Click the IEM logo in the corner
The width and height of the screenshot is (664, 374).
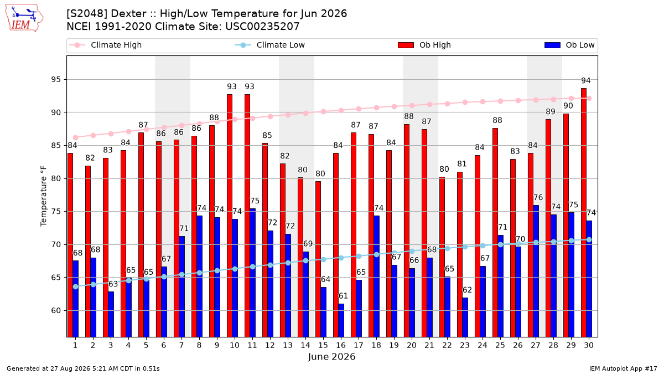pos(24,18)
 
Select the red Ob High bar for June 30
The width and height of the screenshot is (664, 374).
pos(584,213)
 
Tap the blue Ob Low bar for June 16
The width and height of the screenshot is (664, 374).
pos(341,320)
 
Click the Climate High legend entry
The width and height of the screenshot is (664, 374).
pos(106,45)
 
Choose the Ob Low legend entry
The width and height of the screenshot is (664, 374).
pos(569,45)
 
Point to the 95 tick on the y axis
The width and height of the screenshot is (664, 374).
pos(55,80)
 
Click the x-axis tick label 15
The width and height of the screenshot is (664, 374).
pos(323,345)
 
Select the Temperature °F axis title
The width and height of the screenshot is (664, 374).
pos(44,196)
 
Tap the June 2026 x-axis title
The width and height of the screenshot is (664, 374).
pos(331,356)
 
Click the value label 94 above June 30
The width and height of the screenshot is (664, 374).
pos(586,80)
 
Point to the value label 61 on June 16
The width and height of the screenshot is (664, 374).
pos(343,296)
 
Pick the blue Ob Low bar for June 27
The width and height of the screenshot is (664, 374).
pos(536,271)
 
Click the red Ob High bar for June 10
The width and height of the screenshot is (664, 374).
pos(230,216)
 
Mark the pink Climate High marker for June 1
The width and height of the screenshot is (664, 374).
pos(76,138)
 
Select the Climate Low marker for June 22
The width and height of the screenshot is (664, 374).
pos(447,248)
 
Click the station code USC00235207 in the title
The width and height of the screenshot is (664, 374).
pos(262,27)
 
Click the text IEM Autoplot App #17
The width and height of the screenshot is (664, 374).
pos(623,368)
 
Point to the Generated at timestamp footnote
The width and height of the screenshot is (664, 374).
pos(83,368)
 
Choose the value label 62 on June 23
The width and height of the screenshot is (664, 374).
pos(467,290)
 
